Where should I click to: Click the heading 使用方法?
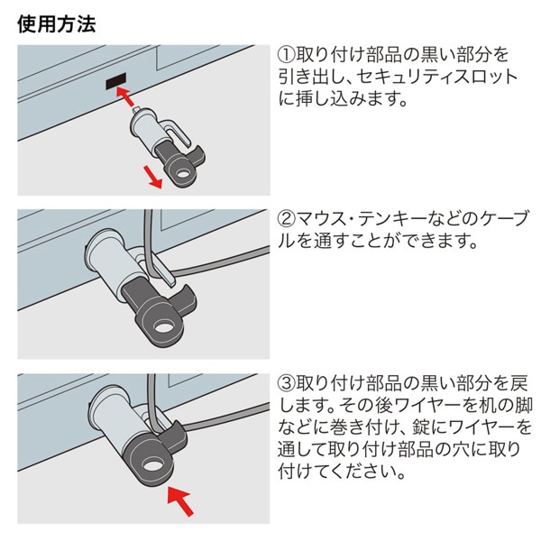tap(57, 23)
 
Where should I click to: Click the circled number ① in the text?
tap(285, 53)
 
